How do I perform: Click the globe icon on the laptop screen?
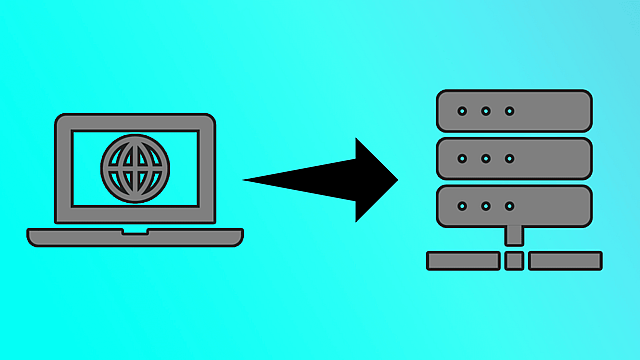coord(135,167)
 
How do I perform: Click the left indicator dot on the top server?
coord(462,111)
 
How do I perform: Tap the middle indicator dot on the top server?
coord(486,111)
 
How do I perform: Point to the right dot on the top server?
coord(509,111)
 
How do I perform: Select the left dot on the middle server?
coord(462,158)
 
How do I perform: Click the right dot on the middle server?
coord(509,158)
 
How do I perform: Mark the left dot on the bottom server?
coord(462,206)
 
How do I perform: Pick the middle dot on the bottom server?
coord(486,206)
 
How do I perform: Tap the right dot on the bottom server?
coord(509,206)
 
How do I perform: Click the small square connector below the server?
coord(514,261)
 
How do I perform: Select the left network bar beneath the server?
coord(463,261)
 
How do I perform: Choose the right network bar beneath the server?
coord(565,261)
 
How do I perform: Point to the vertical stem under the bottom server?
coord(514,236)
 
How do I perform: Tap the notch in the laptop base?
coord(135,232)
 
